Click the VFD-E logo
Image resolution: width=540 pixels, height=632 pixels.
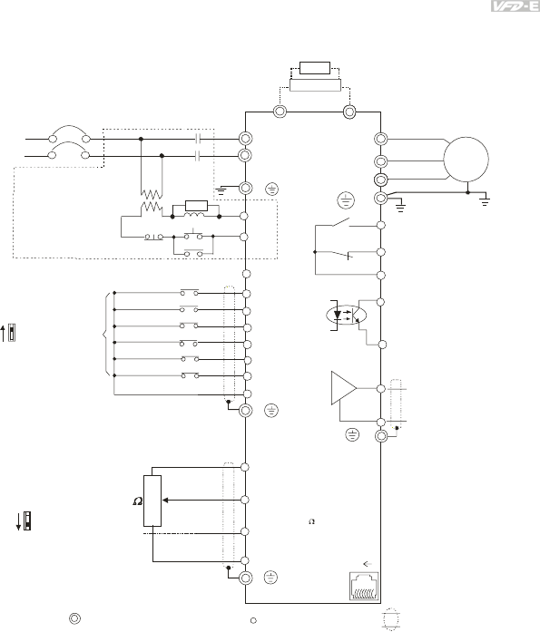[x=515, y=6]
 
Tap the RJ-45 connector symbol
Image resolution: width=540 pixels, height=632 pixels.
[x=364, y=586]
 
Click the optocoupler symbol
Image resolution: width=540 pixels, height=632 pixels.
[x=346, y=316]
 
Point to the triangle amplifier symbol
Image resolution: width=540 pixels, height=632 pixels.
[x=344, y=388]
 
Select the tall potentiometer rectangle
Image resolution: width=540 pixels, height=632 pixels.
[x=152, y=501]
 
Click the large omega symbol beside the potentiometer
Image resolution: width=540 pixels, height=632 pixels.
[x=138, y=501]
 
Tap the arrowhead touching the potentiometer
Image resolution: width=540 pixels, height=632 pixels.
[x=165, y=501]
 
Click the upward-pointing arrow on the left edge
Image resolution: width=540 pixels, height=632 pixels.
[x=3, y=334]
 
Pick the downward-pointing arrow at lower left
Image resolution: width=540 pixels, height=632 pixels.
[x=18, y=522]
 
